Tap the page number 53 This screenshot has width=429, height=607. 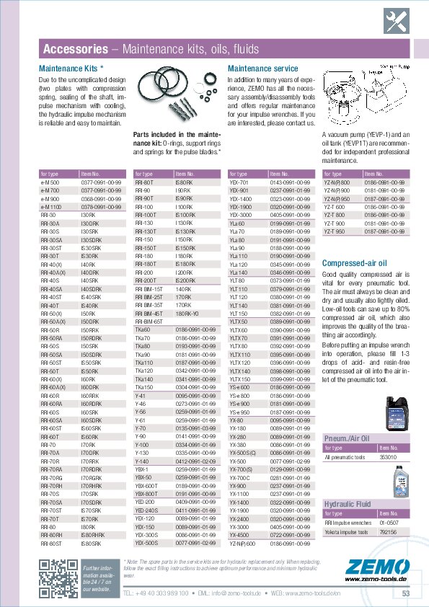pos(406,593)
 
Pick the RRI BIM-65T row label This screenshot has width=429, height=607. pos(149,321)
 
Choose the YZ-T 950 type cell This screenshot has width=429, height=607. pos(335,231)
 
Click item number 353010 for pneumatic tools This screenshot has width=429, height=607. pos(389,456)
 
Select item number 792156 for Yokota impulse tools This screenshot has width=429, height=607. pos(389,531)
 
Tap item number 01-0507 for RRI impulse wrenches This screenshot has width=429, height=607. pos(389,522)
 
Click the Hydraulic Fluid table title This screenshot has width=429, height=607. pos(347,503)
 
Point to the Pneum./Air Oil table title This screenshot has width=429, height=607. pos(346,438)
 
